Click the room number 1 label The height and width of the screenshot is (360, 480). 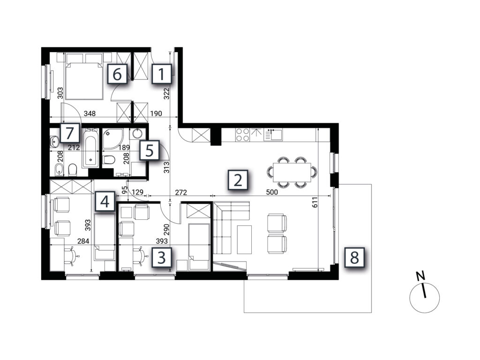161,74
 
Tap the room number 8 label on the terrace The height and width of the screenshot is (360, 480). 354,257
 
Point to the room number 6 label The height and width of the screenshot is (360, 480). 117,74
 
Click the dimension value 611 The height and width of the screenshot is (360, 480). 315,202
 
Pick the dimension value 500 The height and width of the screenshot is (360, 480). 272,192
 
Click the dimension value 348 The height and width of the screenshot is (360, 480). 90,113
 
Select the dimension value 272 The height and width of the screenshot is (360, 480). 181,192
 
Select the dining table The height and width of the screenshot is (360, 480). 292,172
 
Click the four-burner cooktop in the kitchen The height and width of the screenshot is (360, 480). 242,135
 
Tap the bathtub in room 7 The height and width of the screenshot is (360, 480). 90,148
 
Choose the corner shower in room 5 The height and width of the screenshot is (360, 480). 112,138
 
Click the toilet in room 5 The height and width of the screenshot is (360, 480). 109,159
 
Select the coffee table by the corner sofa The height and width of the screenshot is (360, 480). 244,240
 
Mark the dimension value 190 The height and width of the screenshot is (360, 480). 156,113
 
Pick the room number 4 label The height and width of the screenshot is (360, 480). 105,202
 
